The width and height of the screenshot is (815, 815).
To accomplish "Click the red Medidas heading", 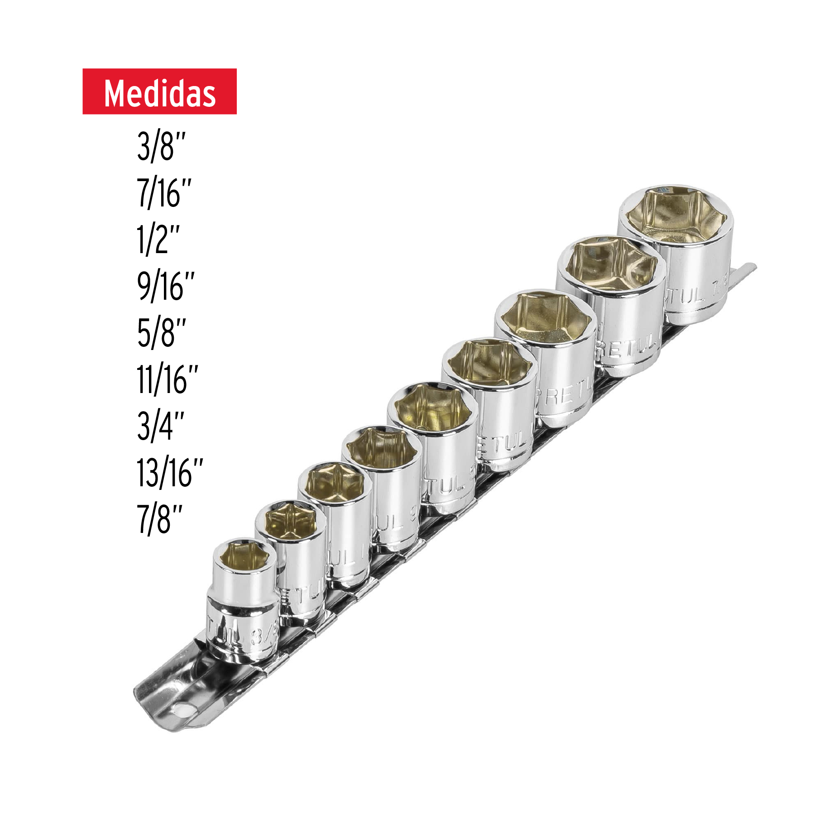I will (159, 91).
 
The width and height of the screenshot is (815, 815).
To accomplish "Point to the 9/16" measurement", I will (166, 286).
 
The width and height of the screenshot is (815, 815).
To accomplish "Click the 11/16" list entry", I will (167, 379).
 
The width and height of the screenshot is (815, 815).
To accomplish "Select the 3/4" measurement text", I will (161, 426).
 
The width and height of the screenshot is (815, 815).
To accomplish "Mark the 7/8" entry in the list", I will (159, 519).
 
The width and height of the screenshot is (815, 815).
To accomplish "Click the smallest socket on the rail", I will (243, 602).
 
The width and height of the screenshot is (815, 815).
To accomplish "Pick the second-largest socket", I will (611, 303).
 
